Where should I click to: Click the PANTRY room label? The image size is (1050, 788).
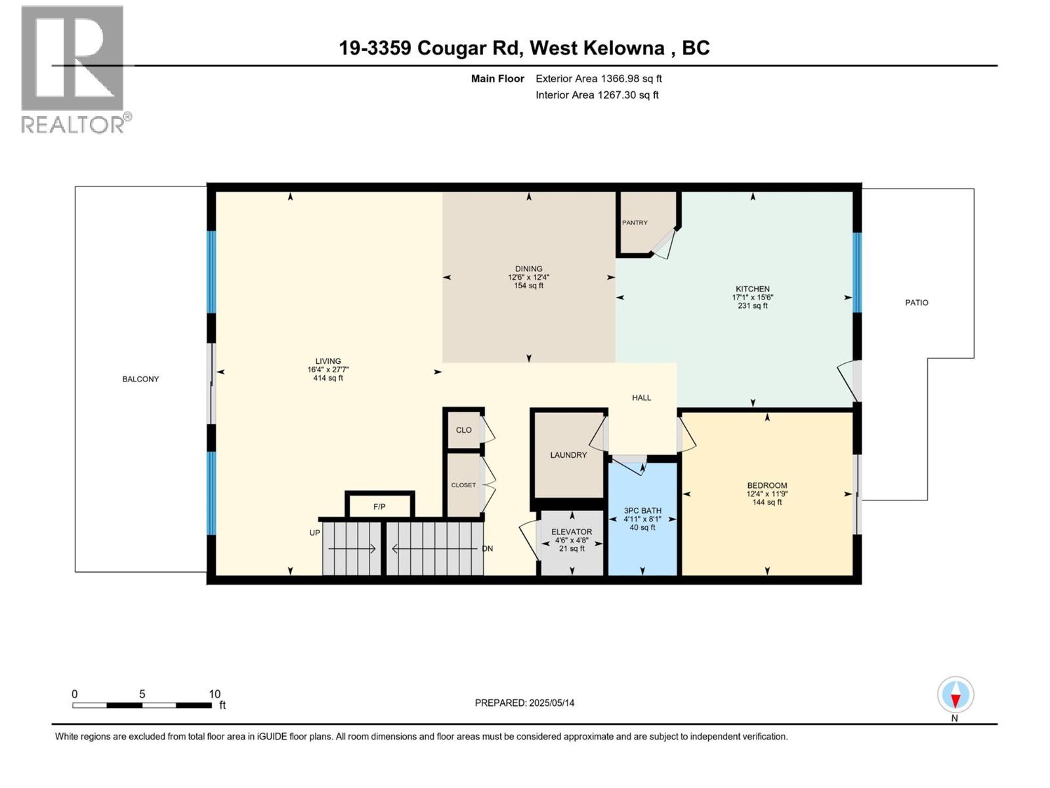click(635, 223)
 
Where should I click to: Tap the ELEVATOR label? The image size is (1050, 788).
click(572, 532)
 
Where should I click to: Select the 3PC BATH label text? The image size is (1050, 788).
click(642, 510)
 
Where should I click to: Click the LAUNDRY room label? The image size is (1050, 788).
click(568, 455)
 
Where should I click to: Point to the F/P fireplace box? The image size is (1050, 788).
click(379, 506)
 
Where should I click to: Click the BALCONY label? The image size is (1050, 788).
click(140, 379)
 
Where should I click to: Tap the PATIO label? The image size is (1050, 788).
click(917, 303)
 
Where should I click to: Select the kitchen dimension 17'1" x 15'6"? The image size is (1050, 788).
click(753, 297)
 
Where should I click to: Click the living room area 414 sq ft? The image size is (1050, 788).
click(328, 378)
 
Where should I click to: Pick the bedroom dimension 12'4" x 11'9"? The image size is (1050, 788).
click(766, 494)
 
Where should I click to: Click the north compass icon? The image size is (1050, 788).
click(955, 695)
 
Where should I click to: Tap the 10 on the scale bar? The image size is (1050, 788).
click(215, 694)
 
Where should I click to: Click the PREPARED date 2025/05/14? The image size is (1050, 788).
click(524, 703)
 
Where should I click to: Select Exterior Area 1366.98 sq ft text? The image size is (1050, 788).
click(598, 79)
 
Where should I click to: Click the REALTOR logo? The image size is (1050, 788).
click(73, 69)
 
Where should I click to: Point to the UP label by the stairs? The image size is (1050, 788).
click(315, 533)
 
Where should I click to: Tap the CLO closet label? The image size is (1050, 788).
click(464, 430)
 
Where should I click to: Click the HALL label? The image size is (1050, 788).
click(641, 397)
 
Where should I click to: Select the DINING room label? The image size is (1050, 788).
click(528, 269)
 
